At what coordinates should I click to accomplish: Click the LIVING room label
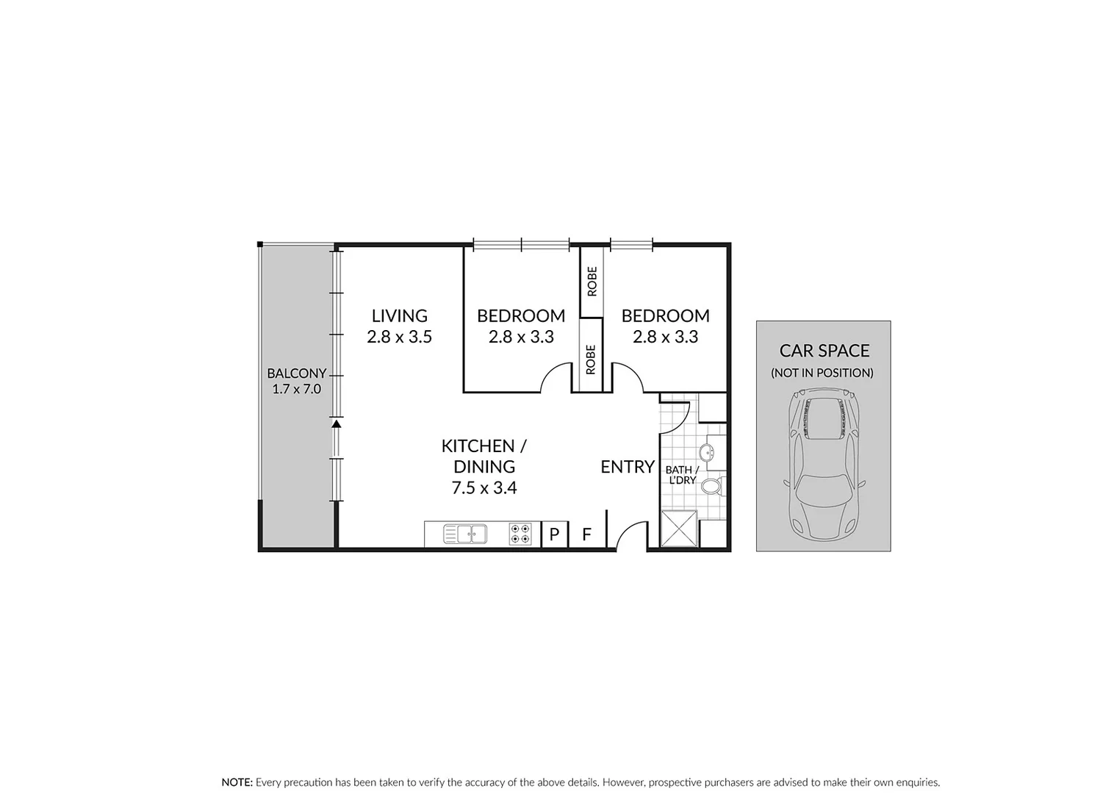tap(399, 316)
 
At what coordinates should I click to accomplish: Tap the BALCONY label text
tap(296, 373)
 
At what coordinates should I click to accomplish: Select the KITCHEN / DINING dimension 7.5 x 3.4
tap(484, 487)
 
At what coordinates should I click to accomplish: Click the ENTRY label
tap(627, 467)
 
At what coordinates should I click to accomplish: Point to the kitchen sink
tap(465, 534)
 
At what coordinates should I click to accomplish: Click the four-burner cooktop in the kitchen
tap(520, 534)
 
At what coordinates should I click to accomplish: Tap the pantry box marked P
tap(554, 534)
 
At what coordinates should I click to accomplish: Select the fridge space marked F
tap(586, 534)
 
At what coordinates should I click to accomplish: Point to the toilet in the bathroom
tap(711, 486)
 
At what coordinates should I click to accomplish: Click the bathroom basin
tap(708, 452)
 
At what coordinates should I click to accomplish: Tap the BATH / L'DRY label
tap(681, 474)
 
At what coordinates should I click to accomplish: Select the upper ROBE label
tap(592, 281)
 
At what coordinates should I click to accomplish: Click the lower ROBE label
tap(592, 360)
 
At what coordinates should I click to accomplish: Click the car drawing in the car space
tap(823, 463)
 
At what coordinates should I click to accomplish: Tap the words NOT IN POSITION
tap(822, 373)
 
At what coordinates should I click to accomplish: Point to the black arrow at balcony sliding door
tap(336, 423)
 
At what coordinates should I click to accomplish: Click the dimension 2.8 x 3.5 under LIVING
tap(399, 337)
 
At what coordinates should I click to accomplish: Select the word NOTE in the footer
tap(237, 782)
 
